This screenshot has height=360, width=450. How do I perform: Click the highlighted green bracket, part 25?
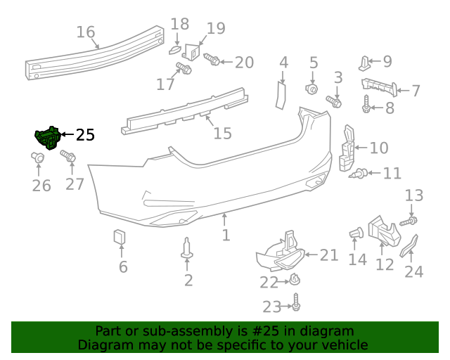pos(48,138)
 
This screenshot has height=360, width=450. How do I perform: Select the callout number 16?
pos(86,32)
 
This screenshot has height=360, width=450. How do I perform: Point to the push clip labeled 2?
pos(187,248)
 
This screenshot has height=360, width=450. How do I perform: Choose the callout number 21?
pos(329,255)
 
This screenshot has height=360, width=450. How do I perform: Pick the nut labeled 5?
pos(313,89)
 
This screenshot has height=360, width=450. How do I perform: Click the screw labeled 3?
pos(334,102)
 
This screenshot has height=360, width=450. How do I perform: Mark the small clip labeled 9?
pos(365,63)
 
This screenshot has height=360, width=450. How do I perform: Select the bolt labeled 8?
pos(366,107)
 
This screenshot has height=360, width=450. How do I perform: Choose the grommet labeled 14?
pos(355,233)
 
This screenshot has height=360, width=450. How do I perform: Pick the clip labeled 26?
pos(39,159)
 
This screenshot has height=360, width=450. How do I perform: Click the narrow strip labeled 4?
pos(281,94)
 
